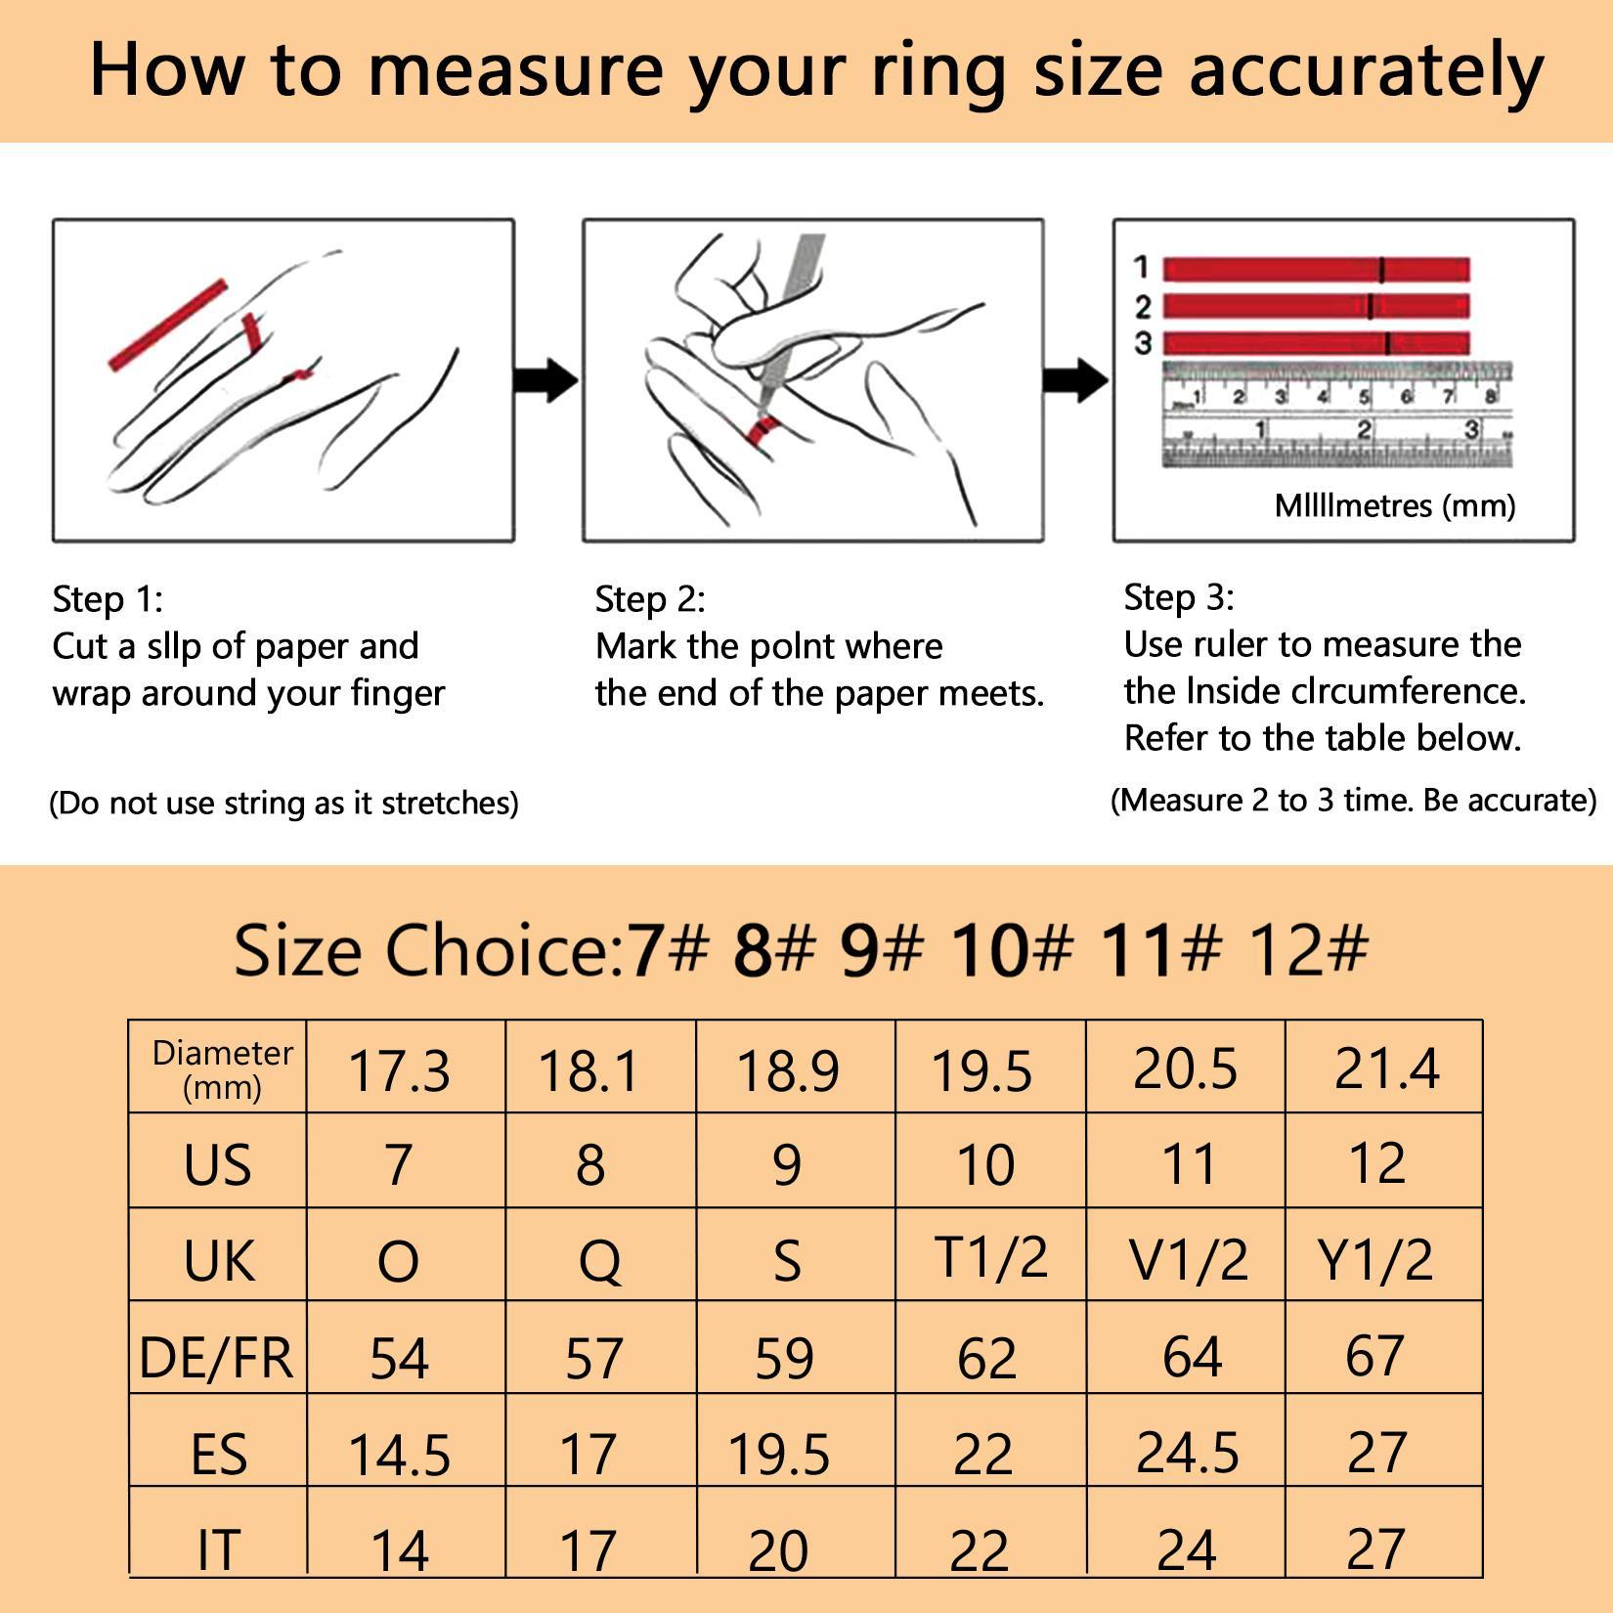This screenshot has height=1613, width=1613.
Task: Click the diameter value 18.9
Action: (x=788, y=1069)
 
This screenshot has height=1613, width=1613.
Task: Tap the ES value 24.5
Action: (x=1187, y=1451)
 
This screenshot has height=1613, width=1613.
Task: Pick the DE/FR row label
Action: (x=217, y=1357)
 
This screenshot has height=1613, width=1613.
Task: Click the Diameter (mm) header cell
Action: (x=222, y=1068)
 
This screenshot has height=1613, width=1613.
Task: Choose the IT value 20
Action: (x=779, y=1549)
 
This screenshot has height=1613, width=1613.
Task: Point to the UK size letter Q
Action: (x=599, y=1261)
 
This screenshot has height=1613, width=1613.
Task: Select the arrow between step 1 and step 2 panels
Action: (x=546, y=380)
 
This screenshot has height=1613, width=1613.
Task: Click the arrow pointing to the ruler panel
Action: (x=1076, y=380)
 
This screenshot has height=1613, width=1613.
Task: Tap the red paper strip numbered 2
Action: (x=1316, y=306)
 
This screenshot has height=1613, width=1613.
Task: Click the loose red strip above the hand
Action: (x=167, y=326)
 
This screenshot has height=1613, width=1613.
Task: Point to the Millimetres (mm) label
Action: (x=1395, y=505)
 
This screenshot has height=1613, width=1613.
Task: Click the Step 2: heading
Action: (x=650, y=598)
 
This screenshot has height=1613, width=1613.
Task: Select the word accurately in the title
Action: (x=1366, y=70)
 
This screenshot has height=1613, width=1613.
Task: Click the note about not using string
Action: (x=283, y=803)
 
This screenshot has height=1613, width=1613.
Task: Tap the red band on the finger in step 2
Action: (x=763, y=429)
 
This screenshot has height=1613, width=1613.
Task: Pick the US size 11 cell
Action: (x=1189, y=1163)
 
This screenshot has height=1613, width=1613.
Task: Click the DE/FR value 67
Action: (x=1375, y=1356)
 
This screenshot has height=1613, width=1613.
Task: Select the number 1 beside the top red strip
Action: (x=1141, y=267)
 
